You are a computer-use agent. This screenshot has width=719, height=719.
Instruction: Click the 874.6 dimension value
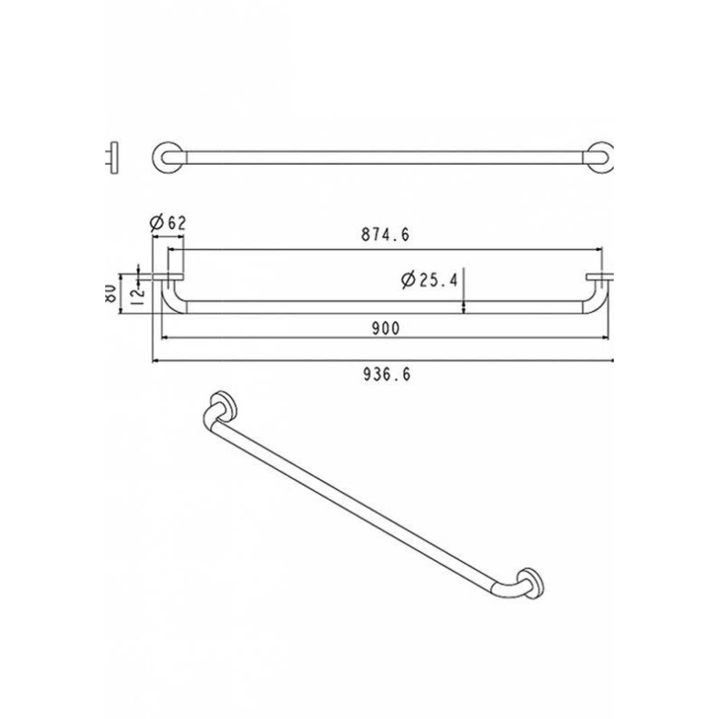(385, 235)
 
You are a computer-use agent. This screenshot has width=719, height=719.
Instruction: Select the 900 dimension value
(386, 328)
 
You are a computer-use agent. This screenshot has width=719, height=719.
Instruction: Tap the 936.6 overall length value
(387, 374)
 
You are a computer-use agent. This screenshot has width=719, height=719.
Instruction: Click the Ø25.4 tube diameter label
(429, 280)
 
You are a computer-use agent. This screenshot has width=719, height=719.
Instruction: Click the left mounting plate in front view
(168, 277)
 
